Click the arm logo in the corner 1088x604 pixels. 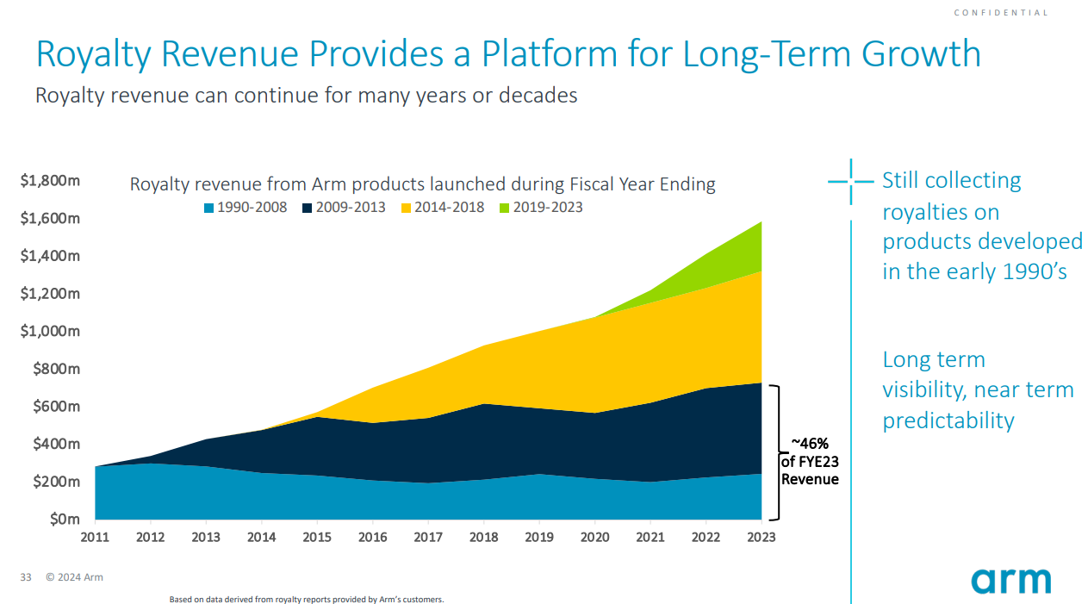click(x=1010, y=580)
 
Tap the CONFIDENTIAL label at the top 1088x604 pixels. click(x=1001, y=13)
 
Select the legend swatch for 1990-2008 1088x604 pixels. click(x=209, y=208)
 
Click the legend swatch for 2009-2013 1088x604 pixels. click(x=308, y=208)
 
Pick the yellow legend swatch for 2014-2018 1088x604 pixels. click(x=407, y=208)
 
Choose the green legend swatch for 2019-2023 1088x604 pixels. click(x=505, y=208)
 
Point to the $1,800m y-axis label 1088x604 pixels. click(x=50, y=181)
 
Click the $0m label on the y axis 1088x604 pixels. click(x=63, y=519)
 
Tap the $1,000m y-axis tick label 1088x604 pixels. click(x=50, y=331)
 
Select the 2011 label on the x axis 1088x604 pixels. click(x=95, y=537)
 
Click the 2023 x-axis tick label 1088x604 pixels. click(x=761, y=537)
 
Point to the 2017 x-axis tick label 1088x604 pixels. click(x=428, y=537)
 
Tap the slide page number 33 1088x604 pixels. click(x=25, y=577)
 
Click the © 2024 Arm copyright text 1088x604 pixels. click(x=74, y=577)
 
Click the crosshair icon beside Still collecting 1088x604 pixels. click(x=850, y=182)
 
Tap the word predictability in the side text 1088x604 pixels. click(x=948, y=420)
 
